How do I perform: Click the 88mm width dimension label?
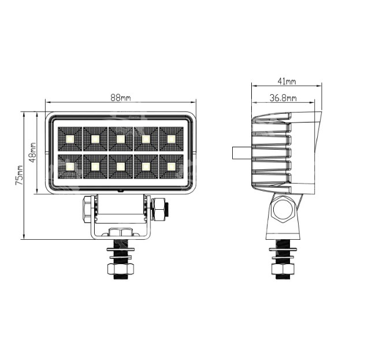pos(121,97)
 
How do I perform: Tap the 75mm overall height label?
pos(19,175)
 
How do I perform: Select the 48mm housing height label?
pos(32,152)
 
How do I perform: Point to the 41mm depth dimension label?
pos(287,81)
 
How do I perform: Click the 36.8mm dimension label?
pos(283,98)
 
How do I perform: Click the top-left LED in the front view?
pos(70,139)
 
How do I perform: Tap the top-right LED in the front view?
pos(171,139)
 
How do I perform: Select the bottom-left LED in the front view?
pos(70,166)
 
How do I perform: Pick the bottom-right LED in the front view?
pos(171,166)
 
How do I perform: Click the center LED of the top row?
pos(121,139)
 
